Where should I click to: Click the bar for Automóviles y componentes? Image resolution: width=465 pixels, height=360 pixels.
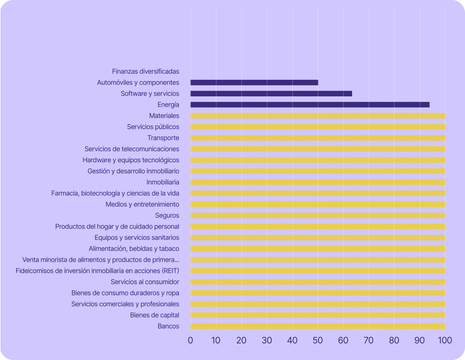tap(254, 83)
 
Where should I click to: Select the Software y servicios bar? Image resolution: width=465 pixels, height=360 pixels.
tap(271, 94)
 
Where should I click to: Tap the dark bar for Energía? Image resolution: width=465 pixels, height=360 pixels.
tap(310, 105)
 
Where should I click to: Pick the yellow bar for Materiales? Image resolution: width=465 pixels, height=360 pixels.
tap(318, 116)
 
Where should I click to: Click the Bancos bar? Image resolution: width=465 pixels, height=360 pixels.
tap(318, 326)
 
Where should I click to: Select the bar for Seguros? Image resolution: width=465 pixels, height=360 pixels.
tap(318, 215)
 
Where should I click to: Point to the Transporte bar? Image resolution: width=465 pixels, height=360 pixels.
tap(318, 138)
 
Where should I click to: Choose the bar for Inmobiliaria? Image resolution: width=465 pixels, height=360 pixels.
tap(318, 182)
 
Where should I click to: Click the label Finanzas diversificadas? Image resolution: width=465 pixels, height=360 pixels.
tap(146, 71)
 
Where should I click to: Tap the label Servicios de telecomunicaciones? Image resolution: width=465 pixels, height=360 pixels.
tap(132, 149)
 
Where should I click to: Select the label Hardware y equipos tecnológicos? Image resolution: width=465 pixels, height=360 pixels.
tap(131, 160)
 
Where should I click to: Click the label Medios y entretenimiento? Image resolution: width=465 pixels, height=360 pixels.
tap(142, 204)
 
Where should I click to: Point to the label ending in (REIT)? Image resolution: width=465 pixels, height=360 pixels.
tap(97, 271)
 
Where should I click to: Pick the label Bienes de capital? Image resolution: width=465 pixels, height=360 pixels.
tap(154, 315)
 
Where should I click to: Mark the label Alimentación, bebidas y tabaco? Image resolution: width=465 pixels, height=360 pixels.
tap(134, 249)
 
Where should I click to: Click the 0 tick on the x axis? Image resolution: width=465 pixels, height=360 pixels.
tap(190, 340)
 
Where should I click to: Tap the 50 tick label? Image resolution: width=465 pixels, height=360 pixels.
tap(318, 340)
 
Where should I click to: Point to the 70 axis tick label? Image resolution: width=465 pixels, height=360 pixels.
tap(369, 340)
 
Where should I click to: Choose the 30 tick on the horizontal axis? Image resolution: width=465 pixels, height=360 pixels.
tap(267, 340)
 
